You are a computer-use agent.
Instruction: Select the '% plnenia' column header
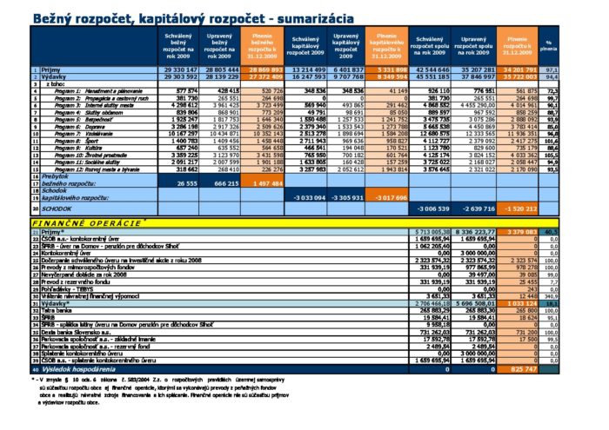(548, 45)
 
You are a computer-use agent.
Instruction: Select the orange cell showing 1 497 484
(264, 184)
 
